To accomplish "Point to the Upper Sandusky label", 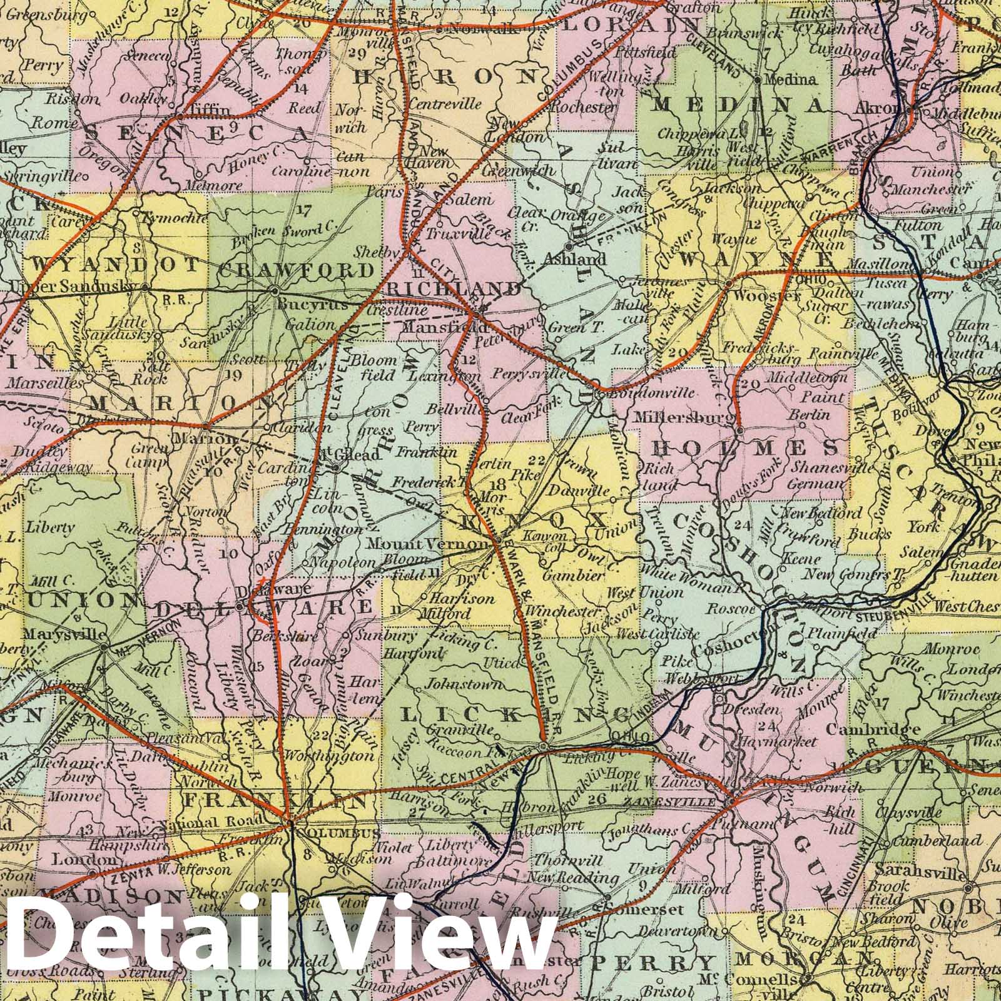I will click(72, 286).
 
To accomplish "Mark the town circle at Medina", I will click(757, 80).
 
